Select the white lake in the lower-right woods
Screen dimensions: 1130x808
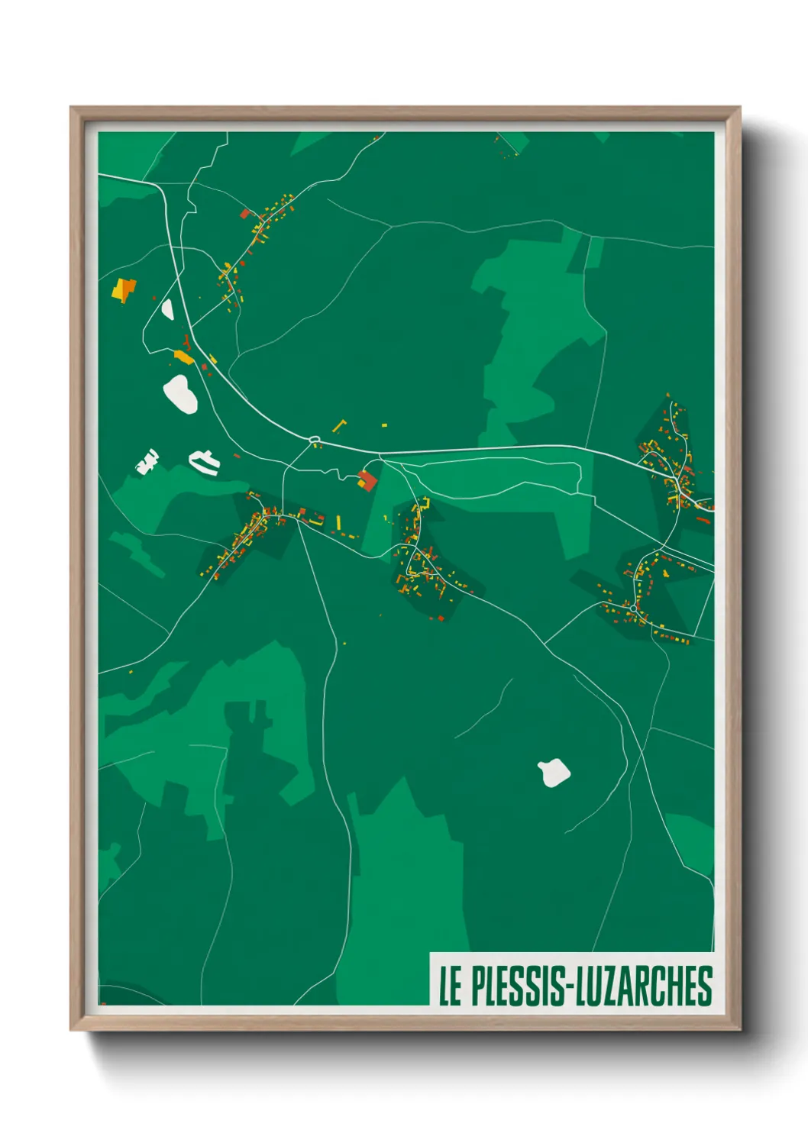(554, 773)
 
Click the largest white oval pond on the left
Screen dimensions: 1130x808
(180, 393)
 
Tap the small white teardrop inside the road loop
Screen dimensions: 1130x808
(167, 309)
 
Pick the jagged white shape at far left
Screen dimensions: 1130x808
(147, 462)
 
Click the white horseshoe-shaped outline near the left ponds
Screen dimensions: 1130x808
(204, 461)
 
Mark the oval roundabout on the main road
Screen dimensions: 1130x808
(314, 440)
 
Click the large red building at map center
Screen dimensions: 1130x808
(368, 480)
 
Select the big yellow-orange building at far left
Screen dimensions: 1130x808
(123, 290)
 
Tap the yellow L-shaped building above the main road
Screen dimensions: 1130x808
(338, 425)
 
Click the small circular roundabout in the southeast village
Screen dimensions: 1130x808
(633, 608)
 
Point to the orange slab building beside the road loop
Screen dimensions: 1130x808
(183, 357)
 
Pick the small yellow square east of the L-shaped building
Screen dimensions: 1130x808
(384, 425)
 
